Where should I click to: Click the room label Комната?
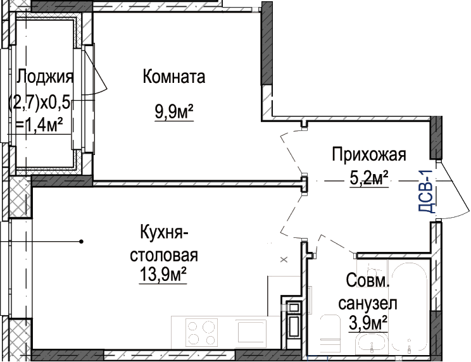point(174,77)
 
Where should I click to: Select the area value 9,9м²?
point(174,112)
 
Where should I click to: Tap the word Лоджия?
point(45,77)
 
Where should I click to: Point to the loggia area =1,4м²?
point(39,125)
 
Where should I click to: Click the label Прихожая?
point(369,155)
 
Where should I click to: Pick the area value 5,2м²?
point(369,178)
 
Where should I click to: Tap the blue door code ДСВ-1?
point(426,191)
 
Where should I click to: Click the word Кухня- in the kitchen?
point(164,233)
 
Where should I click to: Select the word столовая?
point(164,256)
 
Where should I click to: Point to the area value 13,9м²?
point(163,274)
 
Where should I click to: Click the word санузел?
point(368,304)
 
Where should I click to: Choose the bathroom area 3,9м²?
point(368,323)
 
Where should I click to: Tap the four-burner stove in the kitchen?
point(201,333)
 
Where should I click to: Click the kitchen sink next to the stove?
point(252,332)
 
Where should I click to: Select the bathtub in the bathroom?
point(410,309)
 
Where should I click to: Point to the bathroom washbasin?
point(371,345)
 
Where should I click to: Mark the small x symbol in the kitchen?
point(284,259)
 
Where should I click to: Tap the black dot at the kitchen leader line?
point(81,241)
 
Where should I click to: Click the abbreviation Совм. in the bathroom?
point(368,281)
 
